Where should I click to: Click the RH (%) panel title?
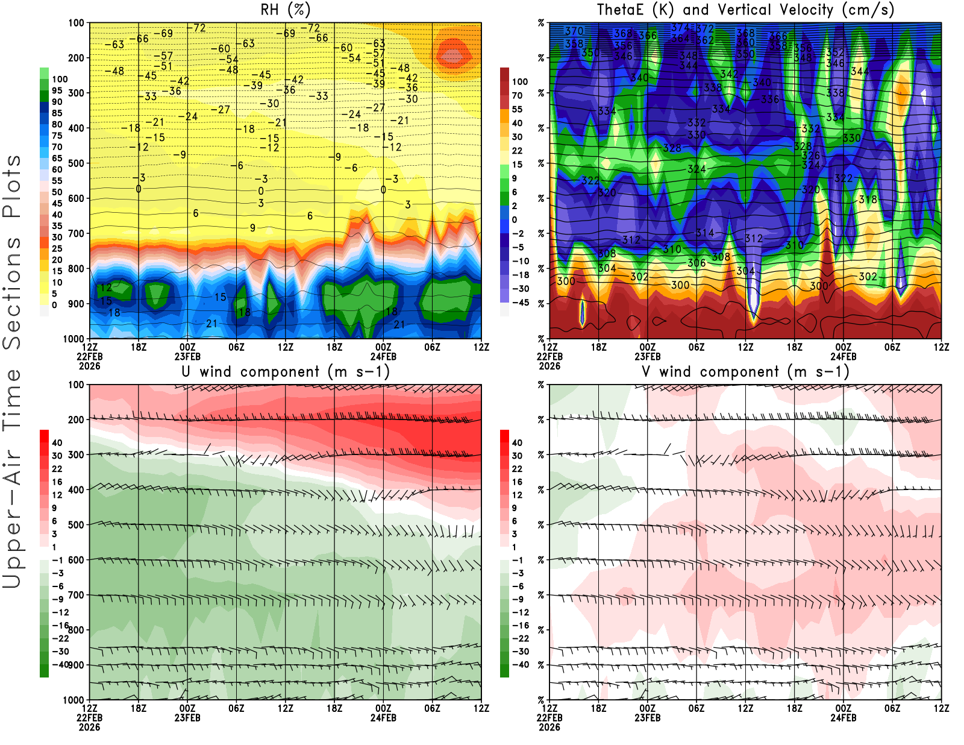(x=285, y=10)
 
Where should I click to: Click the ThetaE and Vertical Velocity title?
(x=745, y=10)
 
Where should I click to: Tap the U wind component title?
(x=285, y=371)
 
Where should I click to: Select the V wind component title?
(x=745, y=371)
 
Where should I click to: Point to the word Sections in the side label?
(x=12, y=293)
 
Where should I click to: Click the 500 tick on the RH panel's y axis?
(x=76, y=163)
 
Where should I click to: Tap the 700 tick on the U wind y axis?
(x=76, y=595)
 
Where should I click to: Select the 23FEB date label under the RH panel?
(x=187, y=356)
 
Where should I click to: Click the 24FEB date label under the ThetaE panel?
(x=843, y=356)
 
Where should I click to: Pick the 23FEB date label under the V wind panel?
(x=647, y=718)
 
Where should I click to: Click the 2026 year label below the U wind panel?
(x=89, y=727)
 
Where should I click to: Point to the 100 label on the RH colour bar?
(x=60, y=80)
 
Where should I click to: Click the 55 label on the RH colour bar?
(x=57, y=181)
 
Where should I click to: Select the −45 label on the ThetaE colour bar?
(x=520, y=303)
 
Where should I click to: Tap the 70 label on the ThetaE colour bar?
(x=517, y=95)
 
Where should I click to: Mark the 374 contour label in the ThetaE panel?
(x=680, y=28)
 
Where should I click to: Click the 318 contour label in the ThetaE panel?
(x=868, y=200)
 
